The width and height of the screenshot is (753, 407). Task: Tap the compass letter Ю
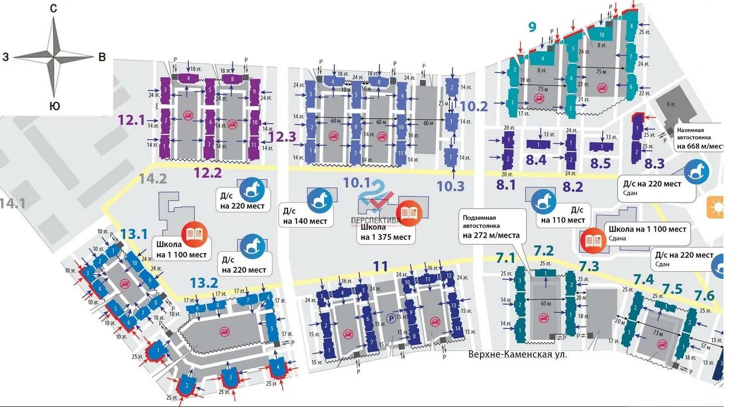55,106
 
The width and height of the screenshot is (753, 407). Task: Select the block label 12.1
131,120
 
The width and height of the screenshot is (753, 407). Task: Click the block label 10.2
474,106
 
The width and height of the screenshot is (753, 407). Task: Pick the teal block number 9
532,27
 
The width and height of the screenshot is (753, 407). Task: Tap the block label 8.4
536,160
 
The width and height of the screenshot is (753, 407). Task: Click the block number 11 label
380,266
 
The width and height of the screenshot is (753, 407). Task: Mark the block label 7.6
704,296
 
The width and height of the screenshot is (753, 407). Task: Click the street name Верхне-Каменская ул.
518,354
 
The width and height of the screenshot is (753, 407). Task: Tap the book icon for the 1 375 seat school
409,213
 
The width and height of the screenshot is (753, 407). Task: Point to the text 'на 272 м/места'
491,235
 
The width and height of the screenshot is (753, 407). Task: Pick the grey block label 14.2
153,178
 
